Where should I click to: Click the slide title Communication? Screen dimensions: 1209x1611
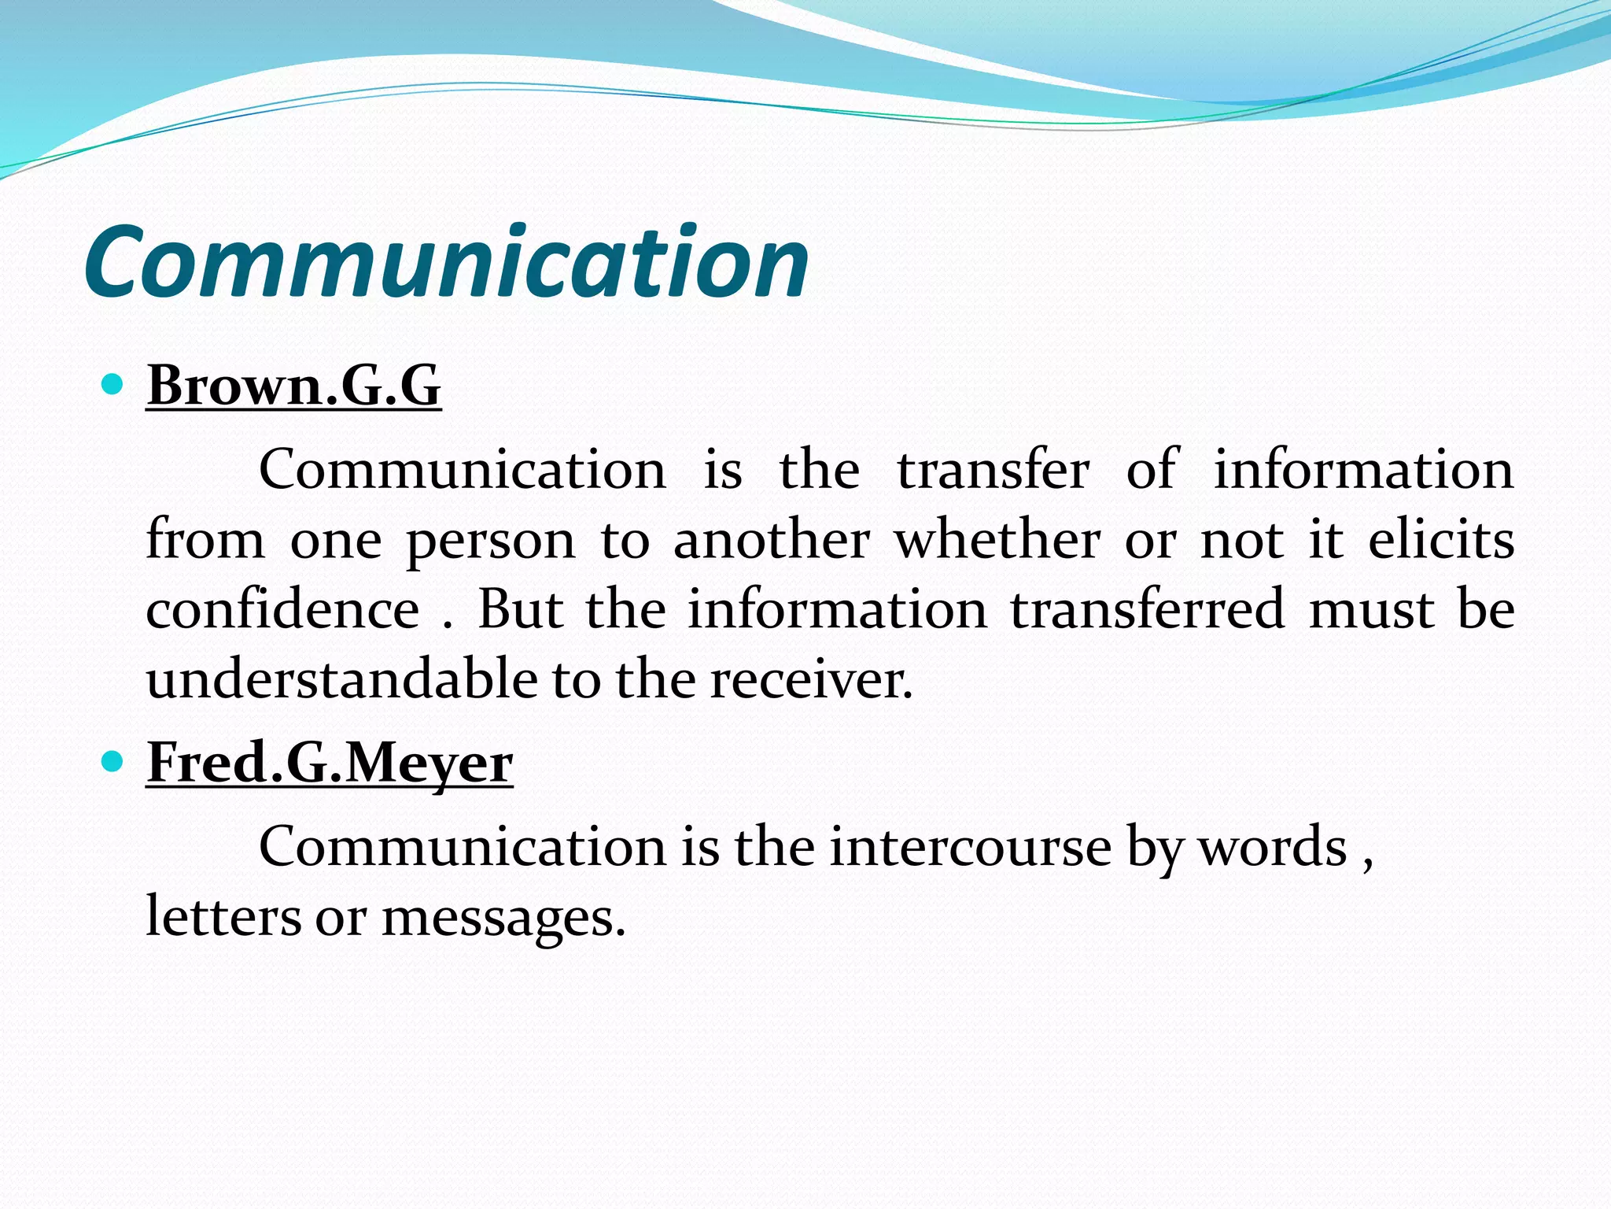point(446,261)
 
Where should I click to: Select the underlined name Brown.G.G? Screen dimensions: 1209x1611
point(293,386)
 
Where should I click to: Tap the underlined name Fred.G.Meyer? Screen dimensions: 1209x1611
point(330,763)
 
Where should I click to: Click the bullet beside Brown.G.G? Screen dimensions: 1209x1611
point(113,385)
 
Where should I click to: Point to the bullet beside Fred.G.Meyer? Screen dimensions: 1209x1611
point(113,761)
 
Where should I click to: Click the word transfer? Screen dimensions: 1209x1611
point(993,470)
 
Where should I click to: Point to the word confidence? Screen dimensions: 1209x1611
point(282,610)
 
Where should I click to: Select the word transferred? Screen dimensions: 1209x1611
point(1148,610)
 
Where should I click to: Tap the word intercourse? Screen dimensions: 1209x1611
point(970,847)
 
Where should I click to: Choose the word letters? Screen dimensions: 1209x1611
point(223,917)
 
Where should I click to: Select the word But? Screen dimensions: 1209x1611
point(520,610)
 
